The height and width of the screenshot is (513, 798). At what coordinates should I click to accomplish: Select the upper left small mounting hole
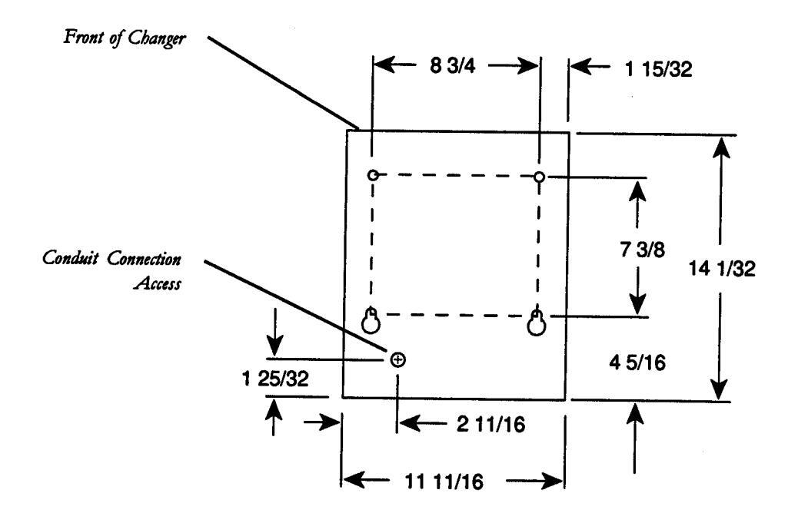(x=373, y=175)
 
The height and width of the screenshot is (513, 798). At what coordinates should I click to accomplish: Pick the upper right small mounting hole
(x=540, y=177)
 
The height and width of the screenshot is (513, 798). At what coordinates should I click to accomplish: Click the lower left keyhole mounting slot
(x=372, y=322)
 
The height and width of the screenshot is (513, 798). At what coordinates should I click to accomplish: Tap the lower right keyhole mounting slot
(x=537, y=323)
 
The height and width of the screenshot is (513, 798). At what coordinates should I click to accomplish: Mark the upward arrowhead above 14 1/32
(x=720, y=146)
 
